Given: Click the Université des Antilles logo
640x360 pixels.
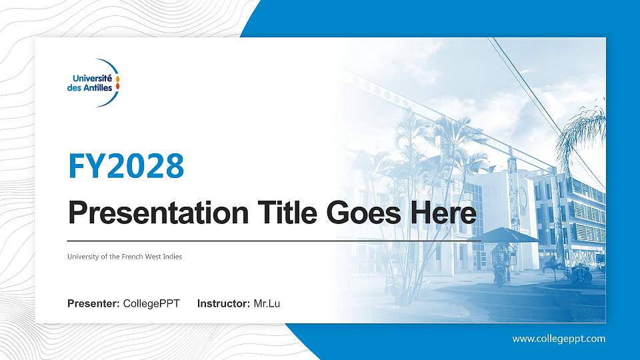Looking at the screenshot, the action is pos(93,83).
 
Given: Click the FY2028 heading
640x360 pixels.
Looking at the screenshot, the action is pos(126,166).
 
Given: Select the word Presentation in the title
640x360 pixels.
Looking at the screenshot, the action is pos(159,213).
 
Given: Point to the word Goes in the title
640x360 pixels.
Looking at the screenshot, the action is pos(364,213).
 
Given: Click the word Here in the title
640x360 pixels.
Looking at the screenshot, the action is pos(443,213).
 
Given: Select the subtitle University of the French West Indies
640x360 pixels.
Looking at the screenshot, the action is pos(125,257).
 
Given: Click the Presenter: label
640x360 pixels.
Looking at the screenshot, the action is pos(93,304).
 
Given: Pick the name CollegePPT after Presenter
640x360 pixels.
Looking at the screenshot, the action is pos(151,304).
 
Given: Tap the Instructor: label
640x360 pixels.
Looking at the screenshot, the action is pos(224,304).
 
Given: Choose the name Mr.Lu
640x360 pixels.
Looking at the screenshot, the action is pos(267,304).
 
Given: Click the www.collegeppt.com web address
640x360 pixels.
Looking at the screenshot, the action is pos(559,339).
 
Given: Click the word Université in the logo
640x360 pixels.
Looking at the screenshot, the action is pos(92,78).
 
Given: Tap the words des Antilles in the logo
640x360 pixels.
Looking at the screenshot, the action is pos(90,88).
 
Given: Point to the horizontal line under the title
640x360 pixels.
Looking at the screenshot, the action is pos(274,241).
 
